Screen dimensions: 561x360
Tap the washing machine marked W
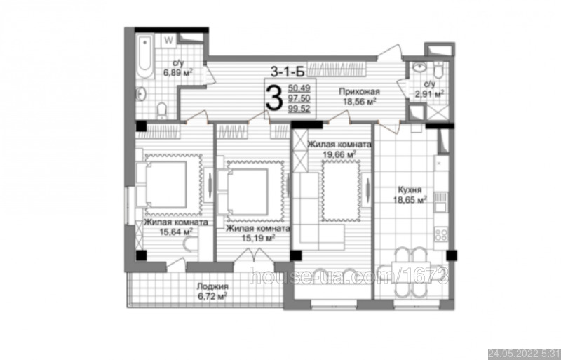168,41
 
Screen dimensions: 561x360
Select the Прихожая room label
359,92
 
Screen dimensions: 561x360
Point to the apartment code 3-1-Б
288,72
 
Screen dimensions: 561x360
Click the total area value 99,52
299,109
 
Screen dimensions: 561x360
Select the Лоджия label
212,286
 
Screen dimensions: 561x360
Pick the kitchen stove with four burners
441,234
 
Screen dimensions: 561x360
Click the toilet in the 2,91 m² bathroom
437,71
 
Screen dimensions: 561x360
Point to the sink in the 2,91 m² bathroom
419,67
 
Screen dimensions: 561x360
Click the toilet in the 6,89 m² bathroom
162,109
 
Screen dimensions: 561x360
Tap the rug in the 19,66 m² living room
341,191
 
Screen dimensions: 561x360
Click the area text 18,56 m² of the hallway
359,102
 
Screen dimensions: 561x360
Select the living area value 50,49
299,88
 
